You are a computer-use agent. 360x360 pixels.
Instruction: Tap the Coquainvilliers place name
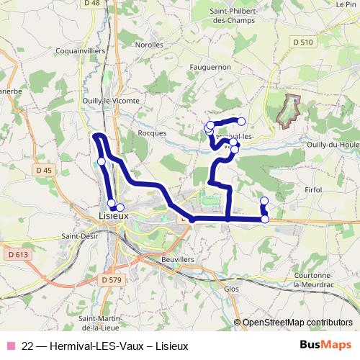tap(81, 52)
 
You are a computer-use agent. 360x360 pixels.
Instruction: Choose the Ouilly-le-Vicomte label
tap(111, 101)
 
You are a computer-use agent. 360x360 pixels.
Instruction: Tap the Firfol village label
tap(315, 189)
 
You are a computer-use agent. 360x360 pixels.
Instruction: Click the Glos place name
tap(232, 288)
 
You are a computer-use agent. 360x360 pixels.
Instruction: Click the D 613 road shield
tap(18, 254)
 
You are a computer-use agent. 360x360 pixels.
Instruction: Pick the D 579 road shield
tap(112, 279)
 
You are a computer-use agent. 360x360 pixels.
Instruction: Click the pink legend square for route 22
tap(10, 346)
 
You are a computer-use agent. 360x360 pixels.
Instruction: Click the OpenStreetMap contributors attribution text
tap(297, 322)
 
